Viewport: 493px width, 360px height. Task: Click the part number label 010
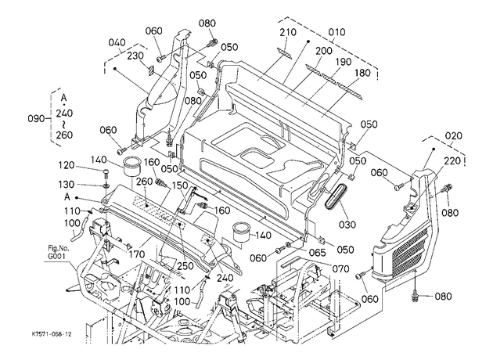tap(336, 32)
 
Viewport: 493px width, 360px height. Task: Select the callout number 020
tap(454, 136)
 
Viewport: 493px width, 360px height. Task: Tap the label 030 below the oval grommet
tap(347, 225)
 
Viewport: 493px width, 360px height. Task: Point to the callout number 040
tap(117, 42)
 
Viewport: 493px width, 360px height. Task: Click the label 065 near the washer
tap(317, 252)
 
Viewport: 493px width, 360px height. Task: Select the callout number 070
tap(340, 268)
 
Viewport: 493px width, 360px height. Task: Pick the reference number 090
tap(37, 119)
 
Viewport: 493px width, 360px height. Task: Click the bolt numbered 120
tap(106, 173)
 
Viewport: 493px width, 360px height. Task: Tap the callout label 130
tap(66, 185)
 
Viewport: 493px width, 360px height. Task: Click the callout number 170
tap(136, 254)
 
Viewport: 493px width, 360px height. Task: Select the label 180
tap(362, 73)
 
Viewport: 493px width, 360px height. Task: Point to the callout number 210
tap(288, 32)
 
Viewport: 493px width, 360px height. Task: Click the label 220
tap(452, 161)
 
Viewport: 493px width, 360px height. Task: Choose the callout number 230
tap(135, 56)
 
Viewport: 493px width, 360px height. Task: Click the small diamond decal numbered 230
tap(150, 70)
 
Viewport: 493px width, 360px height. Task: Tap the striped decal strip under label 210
tap(284, 52)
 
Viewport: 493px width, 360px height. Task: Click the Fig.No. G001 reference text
tap(56, 253)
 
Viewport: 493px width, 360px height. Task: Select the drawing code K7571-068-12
tap(52, 333)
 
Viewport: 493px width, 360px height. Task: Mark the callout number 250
tap(185, 265)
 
